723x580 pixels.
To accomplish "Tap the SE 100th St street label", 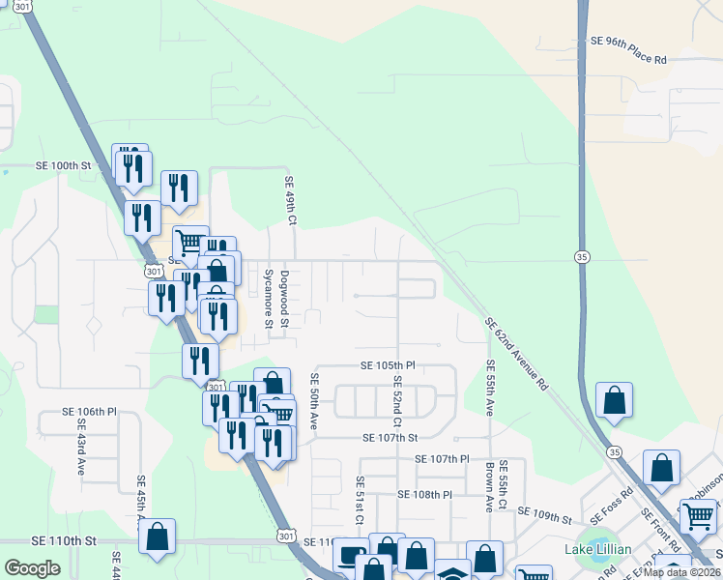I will pyautogui.click(x=63, y=166).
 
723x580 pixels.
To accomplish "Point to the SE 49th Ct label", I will pyautogui.click(x=289, y=201).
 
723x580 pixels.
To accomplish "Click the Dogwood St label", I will pyautogui.click(x=285, y=299).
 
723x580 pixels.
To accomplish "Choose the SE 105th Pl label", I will pyautogui.click(x=388, y=366).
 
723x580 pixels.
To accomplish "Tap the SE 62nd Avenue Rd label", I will pyautogui.click(x=516, y=353).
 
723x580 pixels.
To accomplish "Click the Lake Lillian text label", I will pyautogui.click(x=598, y=550).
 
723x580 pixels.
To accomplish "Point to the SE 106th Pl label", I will pyautogui.click(x=89, y=411).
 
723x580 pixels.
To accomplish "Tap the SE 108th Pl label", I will pyautogui.click(x=425, y=495).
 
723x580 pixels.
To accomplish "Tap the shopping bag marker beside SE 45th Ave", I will pyautogui.click(x=158, y=536).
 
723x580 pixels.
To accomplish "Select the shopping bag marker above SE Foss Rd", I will pyautogui.click(x=661, y=470).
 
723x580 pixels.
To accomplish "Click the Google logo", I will pyautogui.click(x=32, y=568).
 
